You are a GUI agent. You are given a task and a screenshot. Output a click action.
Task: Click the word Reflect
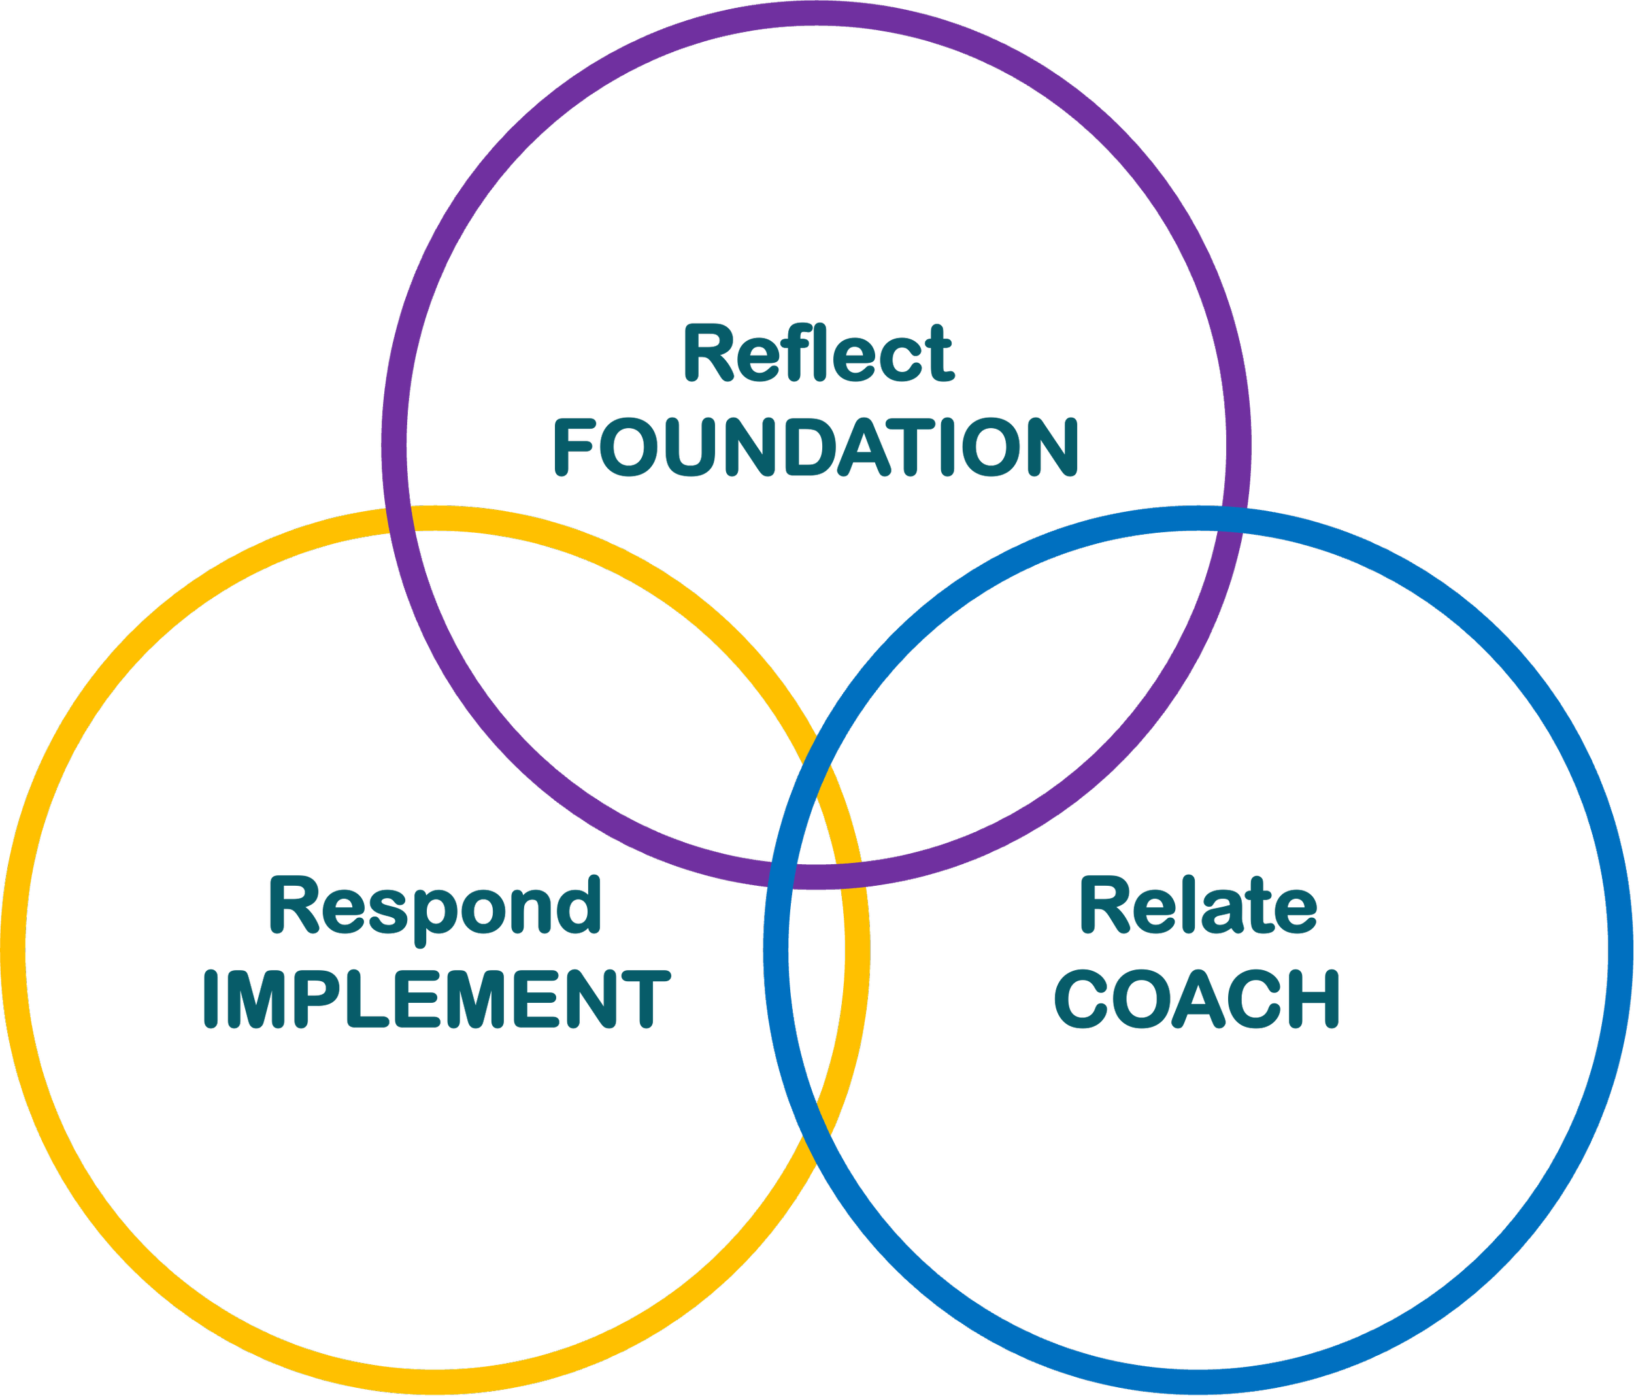[x=818, y=354]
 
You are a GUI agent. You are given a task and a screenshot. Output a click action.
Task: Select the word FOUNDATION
[x=816, y=447]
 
